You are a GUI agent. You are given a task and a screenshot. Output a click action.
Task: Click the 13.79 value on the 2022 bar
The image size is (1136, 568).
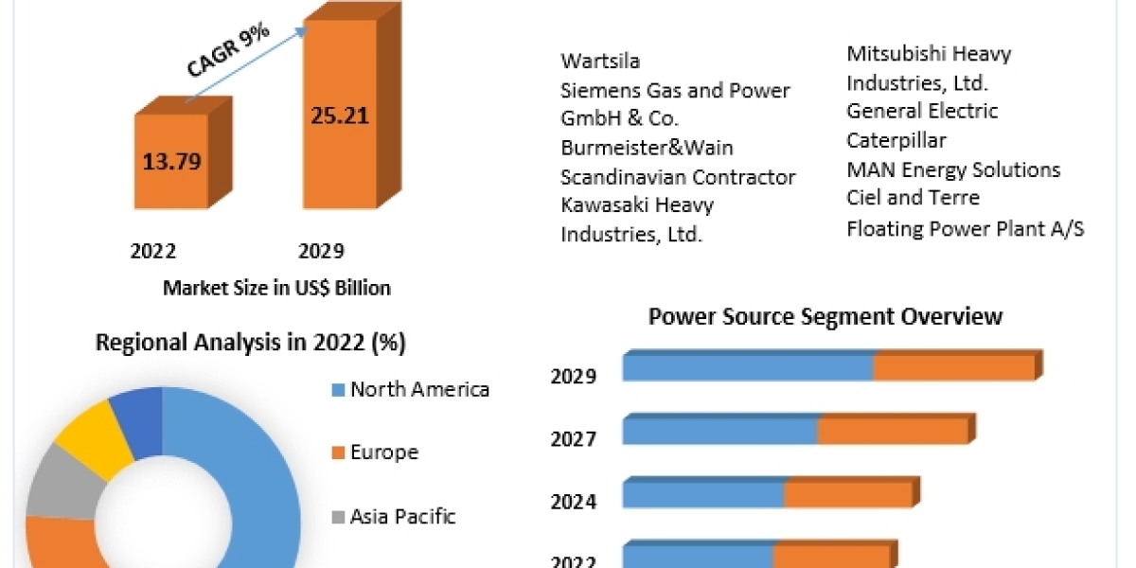[171, 161]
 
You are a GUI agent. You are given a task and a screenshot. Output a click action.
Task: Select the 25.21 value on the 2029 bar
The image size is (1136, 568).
[340, 116]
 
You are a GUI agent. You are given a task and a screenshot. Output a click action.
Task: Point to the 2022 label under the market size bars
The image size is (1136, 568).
[153, 251]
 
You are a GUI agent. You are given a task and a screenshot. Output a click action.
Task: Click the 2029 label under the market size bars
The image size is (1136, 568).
[321, 251]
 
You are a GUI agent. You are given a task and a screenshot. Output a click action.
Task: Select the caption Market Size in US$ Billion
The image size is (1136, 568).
[276, 288]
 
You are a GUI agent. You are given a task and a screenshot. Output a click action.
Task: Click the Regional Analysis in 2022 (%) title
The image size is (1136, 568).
[251, 344]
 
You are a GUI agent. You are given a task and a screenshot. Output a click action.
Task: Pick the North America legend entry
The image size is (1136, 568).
[418, 389]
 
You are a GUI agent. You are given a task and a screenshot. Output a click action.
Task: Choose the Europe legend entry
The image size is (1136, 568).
[383, 453]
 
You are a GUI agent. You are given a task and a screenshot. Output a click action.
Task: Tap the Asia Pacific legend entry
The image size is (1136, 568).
[401, 516]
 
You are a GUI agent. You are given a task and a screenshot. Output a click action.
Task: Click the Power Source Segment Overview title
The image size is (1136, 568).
[825, 316]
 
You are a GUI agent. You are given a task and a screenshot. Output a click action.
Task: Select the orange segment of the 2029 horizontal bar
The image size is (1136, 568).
[953, 368]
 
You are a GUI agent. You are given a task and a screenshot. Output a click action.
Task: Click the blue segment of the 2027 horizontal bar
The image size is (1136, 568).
[719, 431]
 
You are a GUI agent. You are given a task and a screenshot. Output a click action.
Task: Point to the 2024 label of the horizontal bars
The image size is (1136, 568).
[574, 501]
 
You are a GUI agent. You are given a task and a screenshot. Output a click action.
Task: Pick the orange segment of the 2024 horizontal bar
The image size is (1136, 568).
[847, 493]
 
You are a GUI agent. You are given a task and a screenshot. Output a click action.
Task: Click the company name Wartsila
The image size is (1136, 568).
[600, 62]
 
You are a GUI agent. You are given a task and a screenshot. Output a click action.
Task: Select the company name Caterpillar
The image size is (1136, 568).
[896, 140]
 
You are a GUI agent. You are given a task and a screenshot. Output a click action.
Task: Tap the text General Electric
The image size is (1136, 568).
[922, 111]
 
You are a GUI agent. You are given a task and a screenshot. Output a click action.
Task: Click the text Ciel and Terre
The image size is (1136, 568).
[913, 198]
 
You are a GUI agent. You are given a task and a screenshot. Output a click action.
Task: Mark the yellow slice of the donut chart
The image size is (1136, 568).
[92, 436]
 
